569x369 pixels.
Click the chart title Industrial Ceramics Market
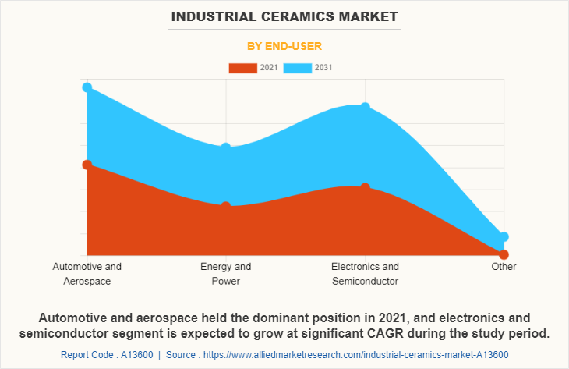[x=284, y=16]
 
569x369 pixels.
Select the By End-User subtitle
[x=284, y=46]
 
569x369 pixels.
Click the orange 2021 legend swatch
[x=242, y=68]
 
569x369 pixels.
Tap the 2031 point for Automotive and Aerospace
[x=87, y=87]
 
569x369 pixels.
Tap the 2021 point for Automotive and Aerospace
[x=87, y=165]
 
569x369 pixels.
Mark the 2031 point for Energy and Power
[x=226, y=147]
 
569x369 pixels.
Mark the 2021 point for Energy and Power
[x=226, y=207]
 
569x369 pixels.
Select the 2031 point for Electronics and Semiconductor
[x=365, y=108]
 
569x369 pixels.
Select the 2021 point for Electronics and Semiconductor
[x=365, y=188]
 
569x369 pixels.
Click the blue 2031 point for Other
[x=504, y=236]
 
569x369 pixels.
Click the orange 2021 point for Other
[x=504, y=255]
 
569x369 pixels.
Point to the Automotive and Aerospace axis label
[x=87, y=273]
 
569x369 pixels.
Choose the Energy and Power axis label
[x=226, y=273]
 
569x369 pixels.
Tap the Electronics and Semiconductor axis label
[x=365, y=273]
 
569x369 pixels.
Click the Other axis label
[x=504, y=266]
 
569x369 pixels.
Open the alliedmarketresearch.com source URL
[x=359, y=355]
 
